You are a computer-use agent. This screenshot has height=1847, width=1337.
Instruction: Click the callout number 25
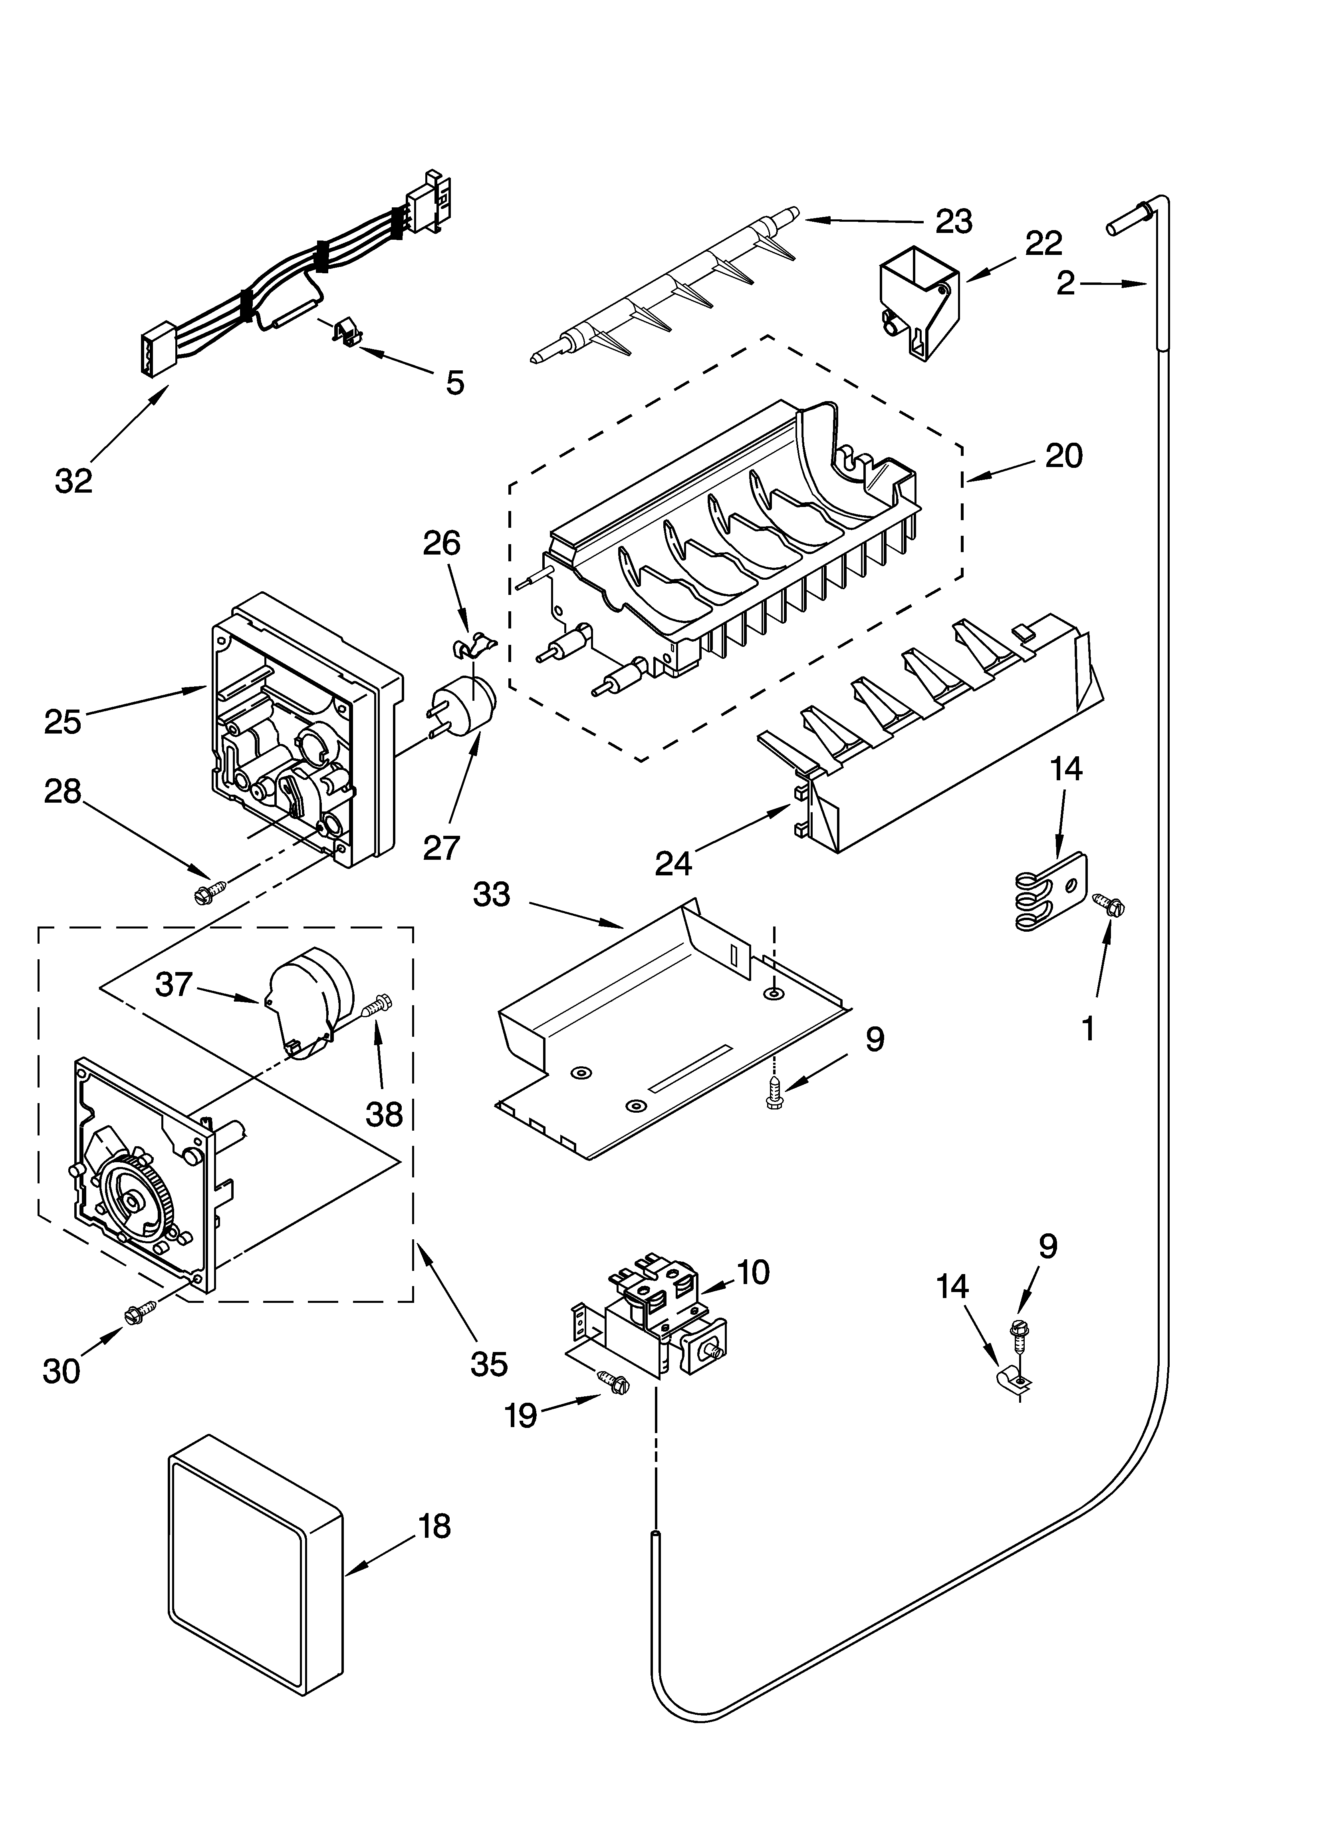tap(63, 722)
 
